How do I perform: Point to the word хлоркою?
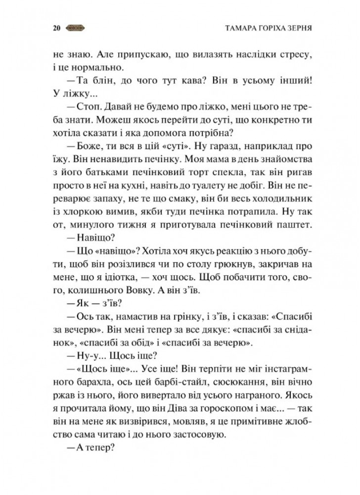[84, 211]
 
